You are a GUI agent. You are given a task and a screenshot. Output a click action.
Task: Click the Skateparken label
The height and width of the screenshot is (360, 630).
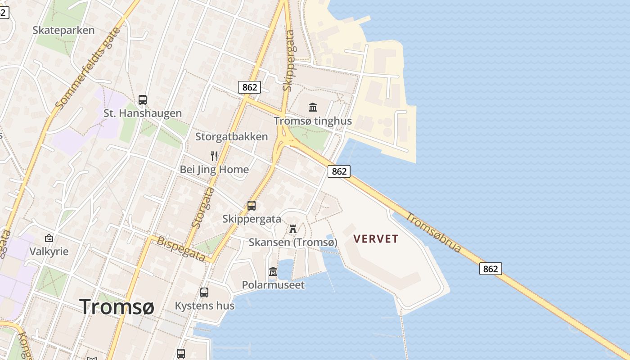63,30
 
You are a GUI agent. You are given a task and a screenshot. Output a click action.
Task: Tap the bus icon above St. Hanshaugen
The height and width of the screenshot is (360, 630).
143,100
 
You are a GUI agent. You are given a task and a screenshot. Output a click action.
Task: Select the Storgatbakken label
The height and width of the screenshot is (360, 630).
231,136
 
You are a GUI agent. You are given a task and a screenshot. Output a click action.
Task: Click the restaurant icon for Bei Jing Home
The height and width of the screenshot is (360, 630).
214,156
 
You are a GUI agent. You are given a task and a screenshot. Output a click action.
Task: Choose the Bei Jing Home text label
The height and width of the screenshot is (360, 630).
214,170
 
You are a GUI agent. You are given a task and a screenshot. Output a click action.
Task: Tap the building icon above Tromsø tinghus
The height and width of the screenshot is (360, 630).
313,107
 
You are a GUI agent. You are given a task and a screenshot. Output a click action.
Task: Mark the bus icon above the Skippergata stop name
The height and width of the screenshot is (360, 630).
252,206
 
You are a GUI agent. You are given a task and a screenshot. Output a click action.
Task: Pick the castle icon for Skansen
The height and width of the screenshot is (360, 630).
293,229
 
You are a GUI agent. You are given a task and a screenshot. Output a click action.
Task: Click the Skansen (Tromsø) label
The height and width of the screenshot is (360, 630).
293,243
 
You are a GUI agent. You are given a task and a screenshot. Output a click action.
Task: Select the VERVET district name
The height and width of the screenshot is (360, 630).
376,239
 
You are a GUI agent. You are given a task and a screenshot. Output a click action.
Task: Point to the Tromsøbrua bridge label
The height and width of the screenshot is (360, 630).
433,232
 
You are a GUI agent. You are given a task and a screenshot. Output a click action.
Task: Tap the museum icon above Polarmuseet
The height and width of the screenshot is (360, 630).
273,272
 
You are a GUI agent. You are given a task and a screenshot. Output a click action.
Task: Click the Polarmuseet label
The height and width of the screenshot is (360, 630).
273,285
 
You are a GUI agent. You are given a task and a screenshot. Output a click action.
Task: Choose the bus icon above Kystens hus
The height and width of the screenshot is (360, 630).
204,292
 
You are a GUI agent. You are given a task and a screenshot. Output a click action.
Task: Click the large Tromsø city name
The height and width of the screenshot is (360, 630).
117,307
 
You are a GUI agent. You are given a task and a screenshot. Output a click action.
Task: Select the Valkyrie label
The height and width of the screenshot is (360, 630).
49,251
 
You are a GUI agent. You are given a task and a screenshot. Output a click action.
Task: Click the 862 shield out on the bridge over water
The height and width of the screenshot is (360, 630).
490,269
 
